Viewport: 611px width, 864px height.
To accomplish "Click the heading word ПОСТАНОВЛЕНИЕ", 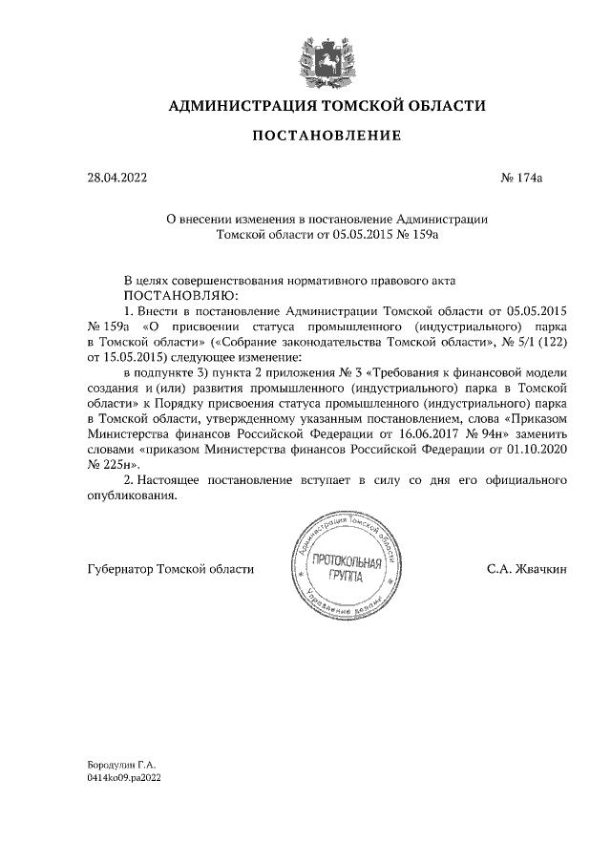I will [x=326, y=137].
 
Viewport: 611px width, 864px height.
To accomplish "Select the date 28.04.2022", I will [x=116, y=178].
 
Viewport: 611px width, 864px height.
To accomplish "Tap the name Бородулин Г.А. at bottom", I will [x=120, y=766].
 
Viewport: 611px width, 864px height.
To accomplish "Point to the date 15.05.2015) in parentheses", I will [x=139, y=356].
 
